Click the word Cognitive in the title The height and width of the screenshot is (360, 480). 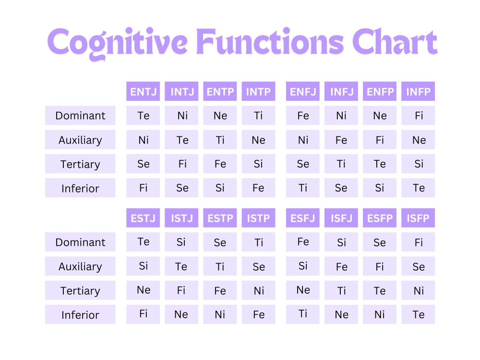(x=117, y=43)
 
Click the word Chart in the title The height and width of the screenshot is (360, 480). (x=395, y=42)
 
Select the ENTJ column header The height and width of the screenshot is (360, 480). (x=143, y=91)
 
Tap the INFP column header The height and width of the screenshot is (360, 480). (x=418, y=91)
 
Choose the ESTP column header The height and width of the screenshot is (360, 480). (x=220, y=217)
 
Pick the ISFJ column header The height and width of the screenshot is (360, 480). (x=341, y=217)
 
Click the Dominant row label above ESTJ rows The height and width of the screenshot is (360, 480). (x=80, y=242)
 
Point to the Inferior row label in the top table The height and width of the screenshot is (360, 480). (x=80, y=188)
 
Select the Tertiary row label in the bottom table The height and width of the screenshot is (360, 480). (x=80, y=290)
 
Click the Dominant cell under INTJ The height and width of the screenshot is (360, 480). (x=181, y=115)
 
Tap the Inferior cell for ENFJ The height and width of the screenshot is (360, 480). (x=303, y=188)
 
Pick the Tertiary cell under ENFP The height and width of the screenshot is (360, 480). (x=380, y=164)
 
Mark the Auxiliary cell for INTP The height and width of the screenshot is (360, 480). (x=258, y=140)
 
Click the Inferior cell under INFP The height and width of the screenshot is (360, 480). (x=418, y=188)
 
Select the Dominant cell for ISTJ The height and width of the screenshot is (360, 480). (x=181, y=242)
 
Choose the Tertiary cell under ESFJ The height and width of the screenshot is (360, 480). (x=303, y=290)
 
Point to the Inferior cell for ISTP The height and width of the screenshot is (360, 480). (x=258, y=314)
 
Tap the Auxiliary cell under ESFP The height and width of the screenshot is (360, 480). (x=380, y=266)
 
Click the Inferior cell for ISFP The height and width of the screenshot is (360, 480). (x=418, y=314)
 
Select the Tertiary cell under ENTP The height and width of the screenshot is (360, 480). (x=220, y=164)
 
